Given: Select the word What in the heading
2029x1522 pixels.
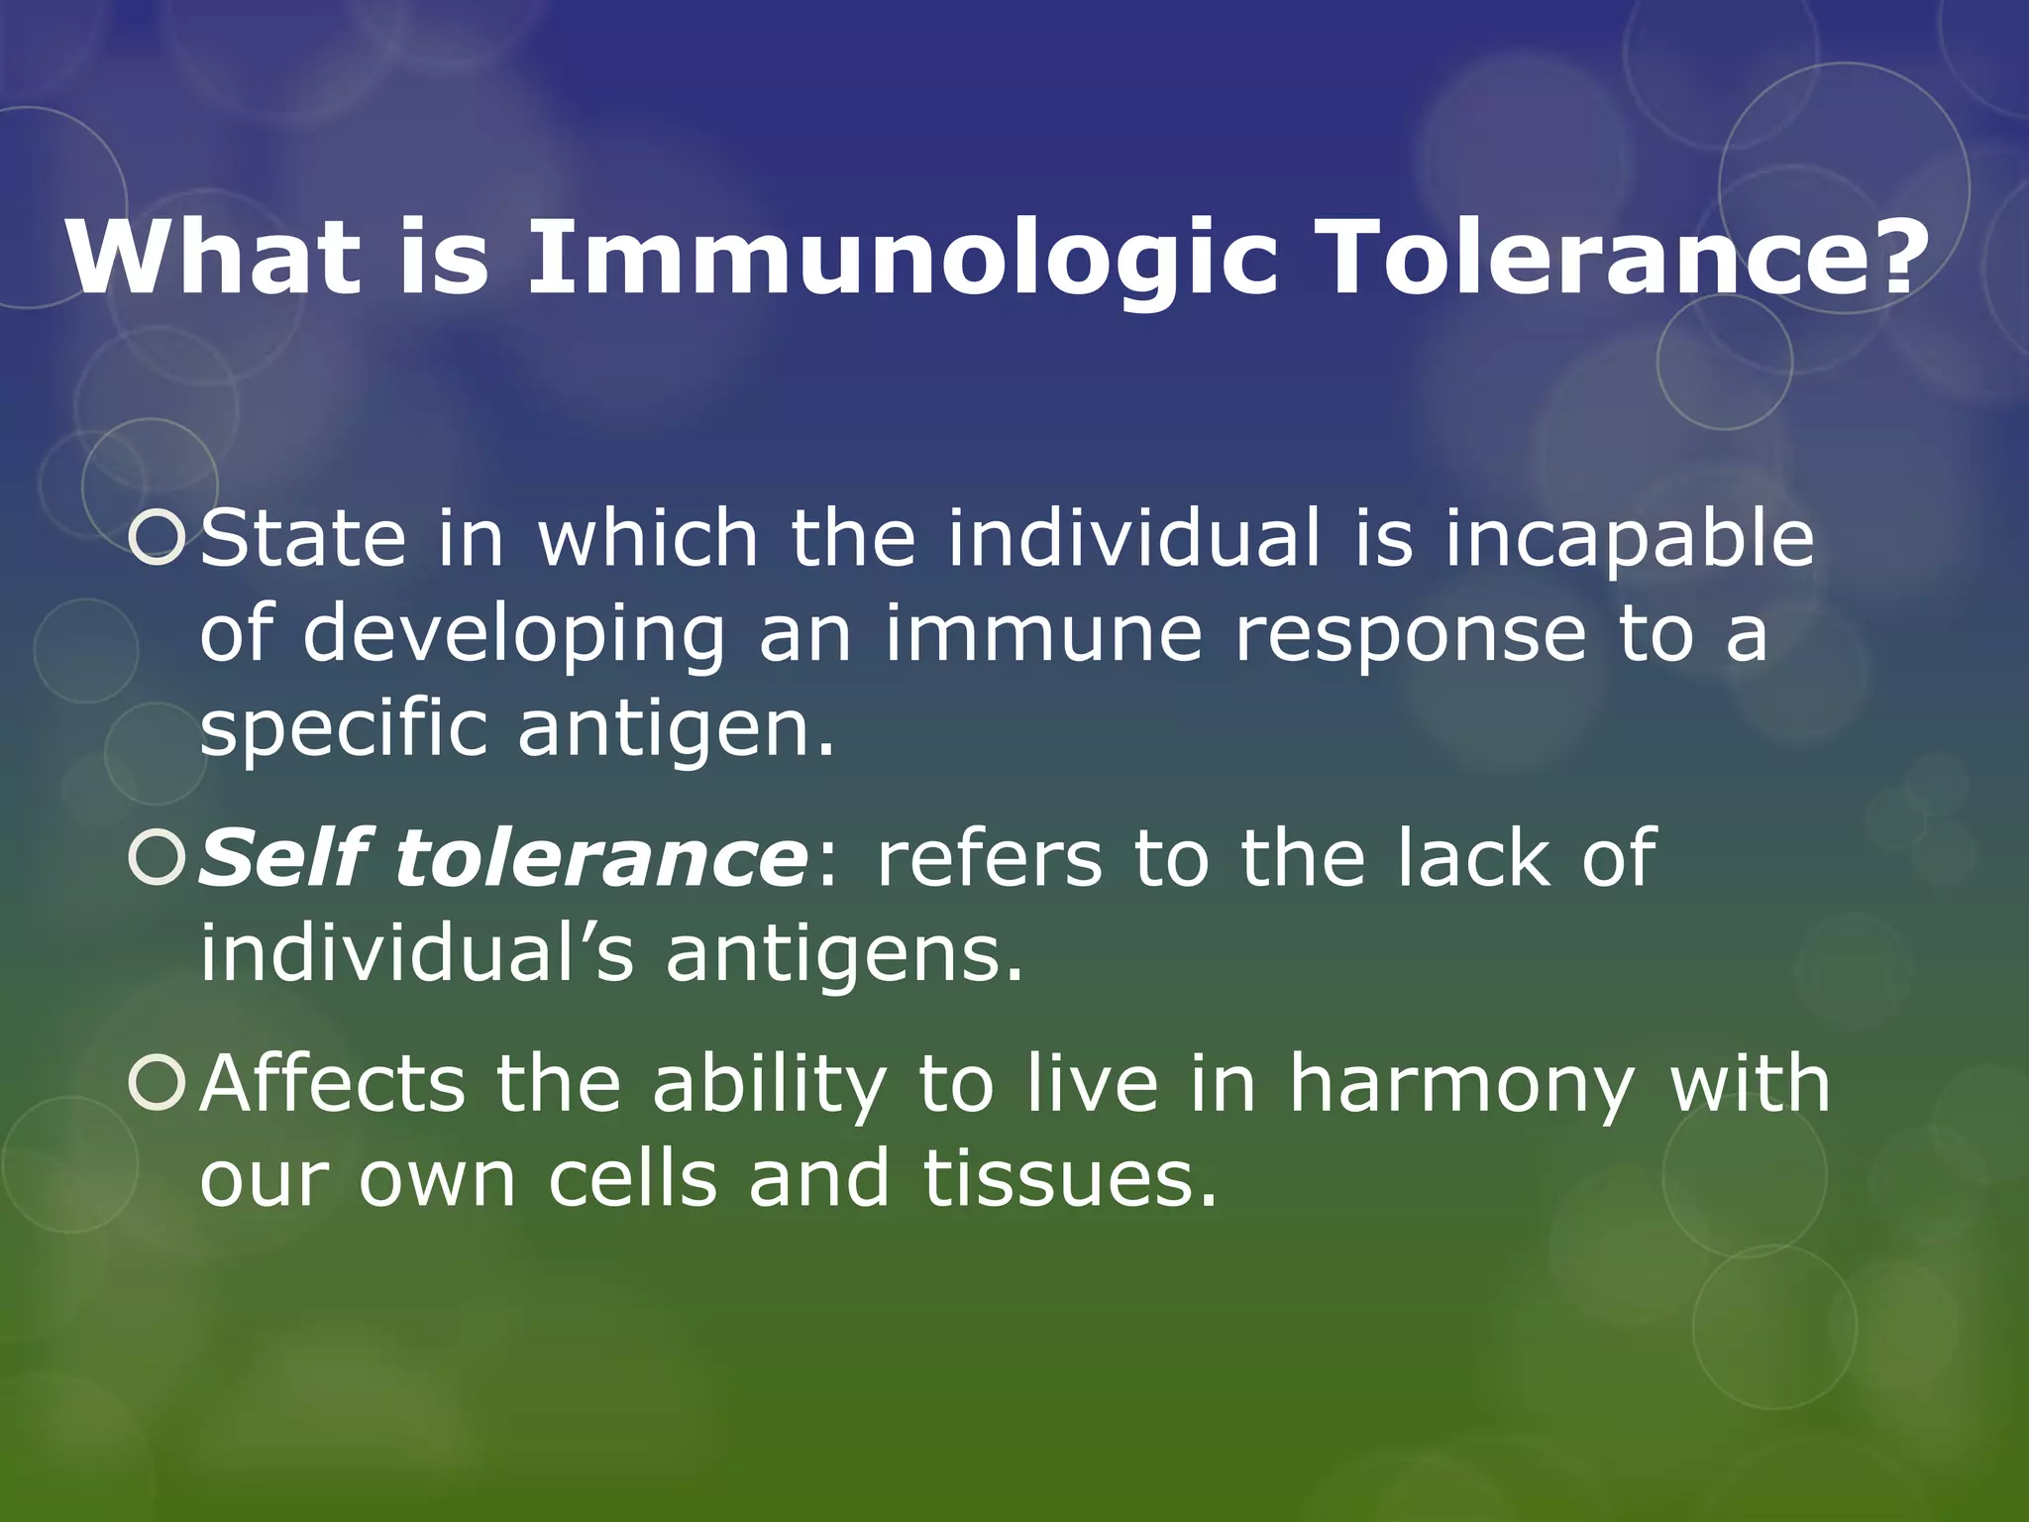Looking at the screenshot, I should tap(213, 258).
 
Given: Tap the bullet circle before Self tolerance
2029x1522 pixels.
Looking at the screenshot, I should tap(158, 858).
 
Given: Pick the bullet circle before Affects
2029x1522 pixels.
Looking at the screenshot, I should tap(158, 1083).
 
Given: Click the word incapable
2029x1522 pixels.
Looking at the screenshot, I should tap(1629, 540).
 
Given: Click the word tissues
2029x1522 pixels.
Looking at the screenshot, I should tap(1070, 1179).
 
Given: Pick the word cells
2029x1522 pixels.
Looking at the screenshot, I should tap(632, 1179).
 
